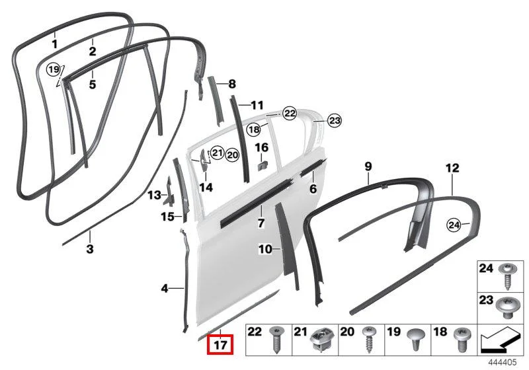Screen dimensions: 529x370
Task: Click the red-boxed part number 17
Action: [x=220, y=344]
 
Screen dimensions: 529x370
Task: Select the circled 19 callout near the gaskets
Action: [x=54, y=70]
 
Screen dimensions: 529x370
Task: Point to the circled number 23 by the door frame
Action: [x=335, y=121]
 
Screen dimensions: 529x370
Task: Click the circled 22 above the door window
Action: [x=290, y=114]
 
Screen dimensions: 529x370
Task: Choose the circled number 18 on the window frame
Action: [x=254, y=129]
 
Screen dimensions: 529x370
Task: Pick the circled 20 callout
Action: [x=232, y=155]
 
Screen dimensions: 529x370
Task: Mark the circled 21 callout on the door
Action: [x=218, y=153]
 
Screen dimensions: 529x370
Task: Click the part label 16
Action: [x=261, y=147]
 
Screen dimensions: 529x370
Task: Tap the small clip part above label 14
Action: [x=204, y=159]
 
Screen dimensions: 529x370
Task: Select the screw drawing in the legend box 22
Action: [x=276, y=340]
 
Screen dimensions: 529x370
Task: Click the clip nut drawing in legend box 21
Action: [x=323, y=340]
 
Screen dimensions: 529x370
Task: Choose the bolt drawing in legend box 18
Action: [x=462, y=340]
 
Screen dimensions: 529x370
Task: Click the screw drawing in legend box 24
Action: [x=507, y=277]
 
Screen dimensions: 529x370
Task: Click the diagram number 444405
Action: [x=503, y=363]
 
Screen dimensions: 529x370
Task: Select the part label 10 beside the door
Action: [x=265, y=249]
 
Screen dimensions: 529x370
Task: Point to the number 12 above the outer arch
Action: [x=452, y=167]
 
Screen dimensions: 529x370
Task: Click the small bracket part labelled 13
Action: [x=168, y=192]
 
